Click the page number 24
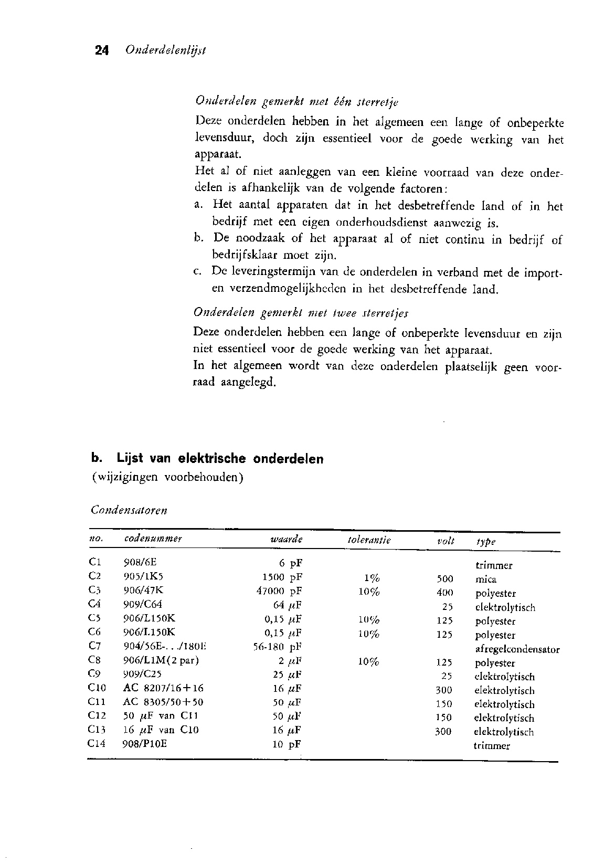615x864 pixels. pos(102,50)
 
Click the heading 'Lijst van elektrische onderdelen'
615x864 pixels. pos(220,458)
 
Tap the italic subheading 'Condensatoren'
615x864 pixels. pos(129,510)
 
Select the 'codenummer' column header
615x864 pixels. pos(153,539)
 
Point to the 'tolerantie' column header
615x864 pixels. pos(369,540)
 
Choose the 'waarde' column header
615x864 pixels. pos(287,540)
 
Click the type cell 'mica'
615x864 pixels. pos(486,579)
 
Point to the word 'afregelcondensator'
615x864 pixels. pos(517,649)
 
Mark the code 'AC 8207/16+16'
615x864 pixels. pos(163,688)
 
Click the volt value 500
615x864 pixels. pos(444,579)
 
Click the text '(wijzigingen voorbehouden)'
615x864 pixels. pos(167,478)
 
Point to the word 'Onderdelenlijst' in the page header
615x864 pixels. pos(165,50)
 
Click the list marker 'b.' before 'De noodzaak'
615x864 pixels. pos(198,239)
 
